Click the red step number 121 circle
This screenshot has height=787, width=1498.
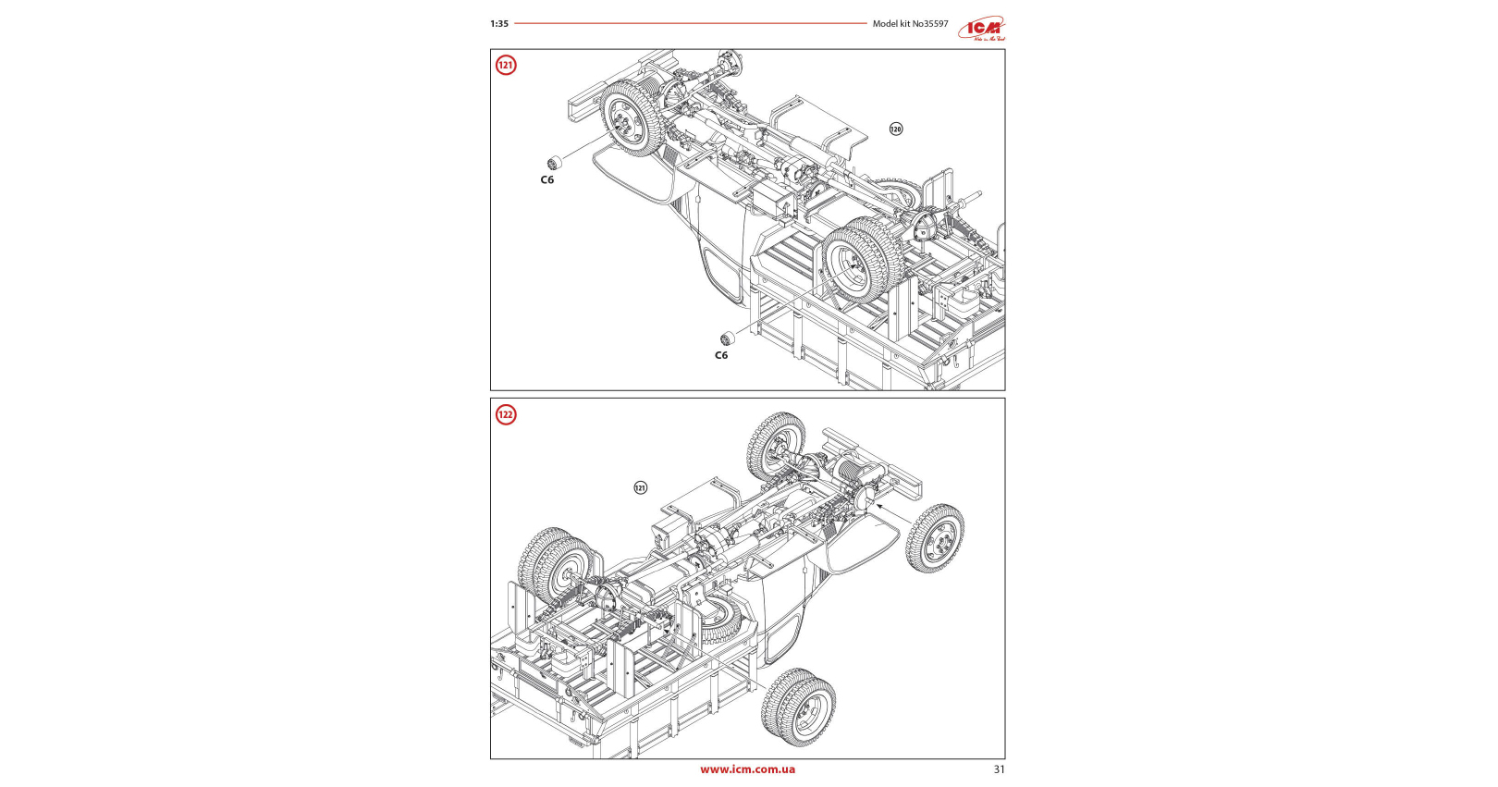(506, 65)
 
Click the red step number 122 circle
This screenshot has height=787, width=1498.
(506, 414)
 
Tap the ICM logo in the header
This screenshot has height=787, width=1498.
(981, 29)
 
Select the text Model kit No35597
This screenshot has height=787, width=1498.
(910, 24)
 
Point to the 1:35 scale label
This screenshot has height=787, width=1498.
(499, 24)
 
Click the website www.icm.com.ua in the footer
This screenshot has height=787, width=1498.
(747, 769)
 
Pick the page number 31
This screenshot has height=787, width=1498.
(999, 769)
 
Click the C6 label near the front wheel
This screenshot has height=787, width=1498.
(547, 179)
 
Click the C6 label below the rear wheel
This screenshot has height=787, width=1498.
(721, 355)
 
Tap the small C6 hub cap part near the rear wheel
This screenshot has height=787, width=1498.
(728, 337)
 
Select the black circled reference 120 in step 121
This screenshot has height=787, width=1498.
(895, 129)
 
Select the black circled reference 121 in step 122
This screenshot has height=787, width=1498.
(640, 487)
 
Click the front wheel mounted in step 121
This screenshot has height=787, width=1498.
(632, 117)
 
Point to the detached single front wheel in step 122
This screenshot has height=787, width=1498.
(936, 537)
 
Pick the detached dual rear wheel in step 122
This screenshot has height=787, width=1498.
(799, 707)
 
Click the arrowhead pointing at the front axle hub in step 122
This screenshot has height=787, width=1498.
(879, 506)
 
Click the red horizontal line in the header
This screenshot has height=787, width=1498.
(690, 24)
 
